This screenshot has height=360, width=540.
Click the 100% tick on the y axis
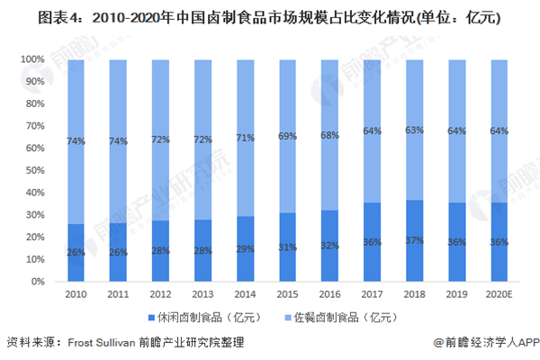tap(32, 59)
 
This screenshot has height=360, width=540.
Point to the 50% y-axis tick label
tap(35, 170)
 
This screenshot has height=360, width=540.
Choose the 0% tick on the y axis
tap(39, 282)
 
